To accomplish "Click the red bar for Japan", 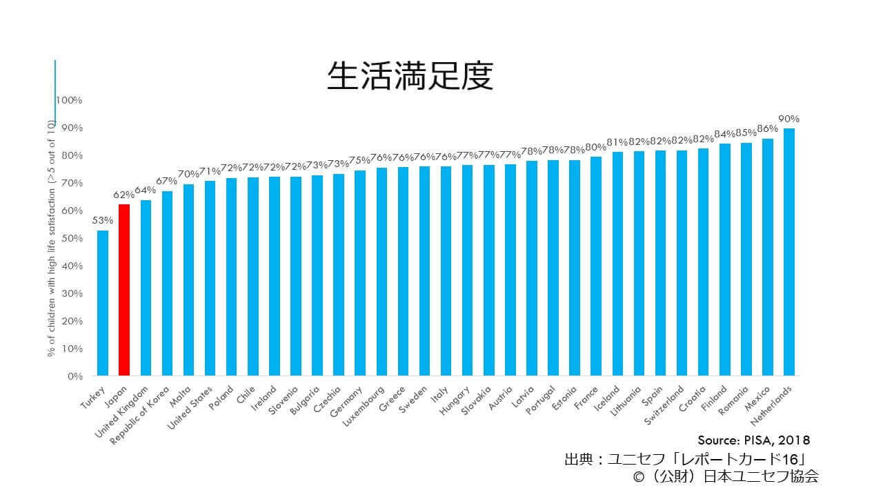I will click(x=124, y=290).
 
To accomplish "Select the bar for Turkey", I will click(x=103, y=304).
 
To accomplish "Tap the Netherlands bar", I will click(x=789, y=252).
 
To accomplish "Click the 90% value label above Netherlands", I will click(x=789, y=119).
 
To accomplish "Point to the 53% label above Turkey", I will click(x=102, y=221).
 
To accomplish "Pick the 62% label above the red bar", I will click(x=123, y=195).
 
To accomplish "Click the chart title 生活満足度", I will click(x=410, y=76).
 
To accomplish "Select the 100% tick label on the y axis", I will click(x=69, y=100).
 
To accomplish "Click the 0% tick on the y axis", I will click(x=75, y=376).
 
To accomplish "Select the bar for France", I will click(x=595, y=266).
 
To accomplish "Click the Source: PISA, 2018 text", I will click(x=753, y=440).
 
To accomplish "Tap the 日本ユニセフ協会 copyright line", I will click(x=721, y=476).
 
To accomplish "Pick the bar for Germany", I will click(x=360, y=273).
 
